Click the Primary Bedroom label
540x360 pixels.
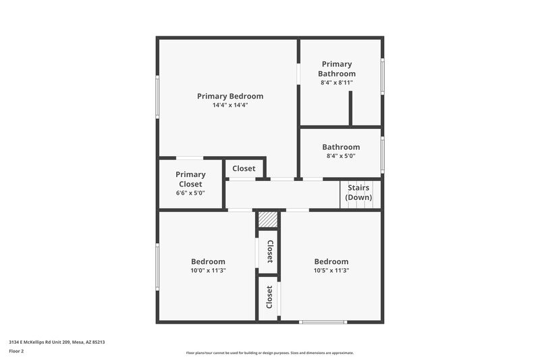(x=230, y=96)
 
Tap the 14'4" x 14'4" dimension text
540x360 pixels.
(x=230, y=105)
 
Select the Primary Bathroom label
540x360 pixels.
(x=337, y=69)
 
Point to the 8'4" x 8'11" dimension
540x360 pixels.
(x=337, y=82)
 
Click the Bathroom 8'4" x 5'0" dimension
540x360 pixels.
(x=340, y=156)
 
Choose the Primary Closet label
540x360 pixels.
(x=190, y=179)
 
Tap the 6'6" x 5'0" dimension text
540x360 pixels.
(x=190, y=193)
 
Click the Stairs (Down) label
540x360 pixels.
(x=358, y=192)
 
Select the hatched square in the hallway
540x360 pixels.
(x=268, y=220)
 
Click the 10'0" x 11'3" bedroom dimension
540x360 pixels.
(x=208, y=270)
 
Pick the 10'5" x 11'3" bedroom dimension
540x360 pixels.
(x=331, y=270)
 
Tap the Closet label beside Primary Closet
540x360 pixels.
(x=244, y=168)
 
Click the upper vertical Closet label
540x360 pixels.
(x=269, y=251)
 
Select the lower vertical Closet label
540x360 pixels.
(x=269, y=297)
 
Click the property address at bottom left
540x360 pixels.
(x=57, y=342)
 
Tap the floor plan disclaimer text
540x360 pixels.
(x=269, y=353)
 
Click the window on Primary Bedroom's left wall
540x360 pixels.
(x=158, y=97)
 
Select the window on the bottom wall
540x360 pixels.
(x=323, y=322)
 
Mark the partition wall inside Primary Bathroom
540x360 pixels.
(x=350, y=108)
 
